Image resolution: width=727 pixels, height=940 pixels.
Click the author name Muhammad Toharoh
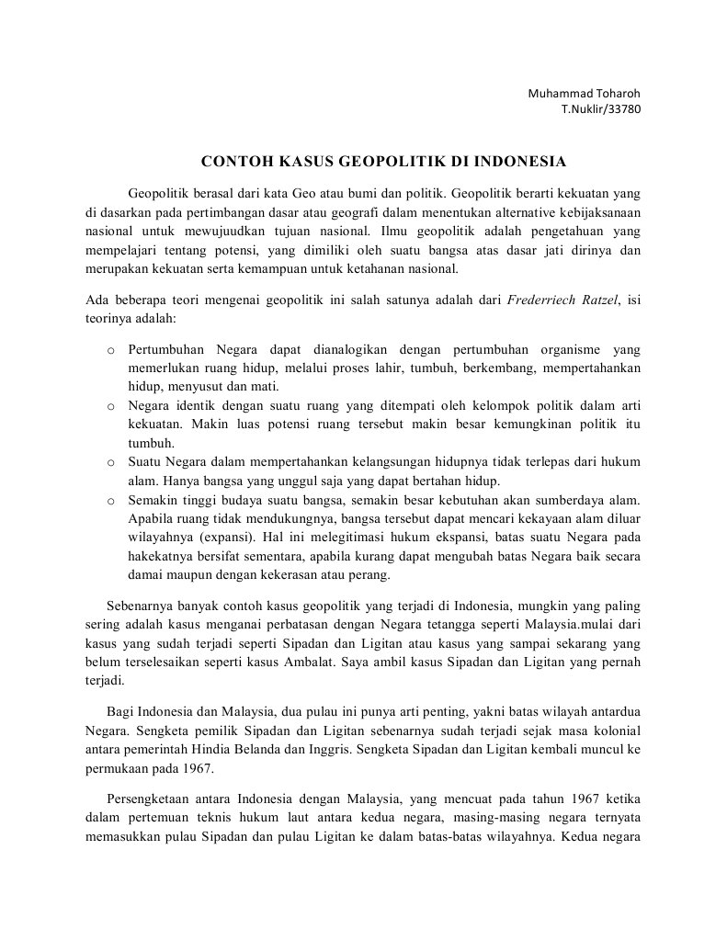pos(584,94)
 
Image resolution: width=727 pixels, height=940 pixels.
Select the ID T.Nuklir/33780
pos(601,108)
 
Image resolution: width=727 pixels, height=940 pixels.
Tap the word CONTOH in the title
pos(233,162)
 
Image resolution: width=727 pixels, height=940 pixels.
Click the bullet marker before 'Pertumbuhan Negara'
pos(111,350)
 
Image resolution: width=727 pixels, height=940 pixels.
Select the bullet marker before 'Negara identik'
pos(111,405)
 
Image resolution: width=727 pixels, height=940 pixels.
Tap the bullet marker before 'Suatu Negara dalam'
pos(111,461)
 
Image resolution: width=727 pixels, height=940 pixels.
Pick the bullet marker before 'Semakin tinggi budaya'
pos(111,501)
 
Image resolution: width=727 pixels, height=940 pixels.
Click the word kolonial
pos(615,731)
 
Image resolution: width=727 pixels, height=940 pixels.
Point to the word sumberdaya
pos(570,501)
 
